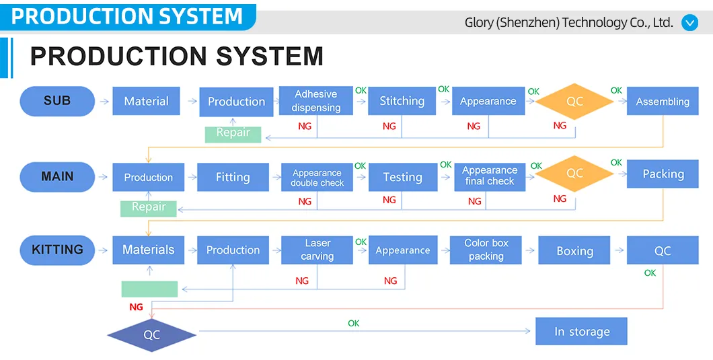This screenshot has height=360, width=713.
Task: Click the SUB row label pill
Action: tap(57, 101)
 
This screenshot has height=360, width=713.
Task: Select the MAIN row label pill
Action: tap(57, 177)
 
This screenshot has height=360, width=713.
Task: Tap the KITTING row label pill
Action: tap(57, 250)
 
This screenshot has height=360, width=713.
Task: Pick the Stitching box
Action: tap(402, 101)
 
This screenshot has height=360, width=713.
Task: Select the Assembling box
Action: tap(663, 102)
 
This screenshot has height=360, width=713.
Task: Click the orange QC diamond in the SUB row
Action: tap(574, 102)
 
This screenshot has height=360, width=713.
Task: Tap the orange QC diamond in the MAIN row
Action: tap(574, 174)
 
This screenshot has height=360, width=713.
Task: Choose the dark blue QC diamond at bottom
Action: tap(152, 334)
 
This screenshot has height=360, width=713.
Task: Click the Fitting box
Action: tap(233, 178)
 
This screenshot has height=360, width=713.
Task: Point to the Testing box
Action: tap(402, 178)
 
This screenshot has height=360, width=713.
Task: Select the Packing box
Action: tap(663, 174)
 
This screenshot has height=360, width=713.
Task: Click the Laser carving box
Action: tap(317, 250)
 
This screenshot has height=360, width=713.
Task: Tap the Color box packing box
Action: tap(486, 250)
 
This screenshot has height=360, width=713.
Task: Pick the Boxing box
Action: tap(574, 250)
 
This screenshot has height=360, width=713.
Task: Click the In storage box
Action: tap(581, 332)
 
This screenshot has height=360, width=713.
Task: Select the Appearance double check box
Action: tap(317, 178)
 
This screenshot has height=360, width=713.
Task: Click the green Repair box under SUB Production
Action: tap(233, 133)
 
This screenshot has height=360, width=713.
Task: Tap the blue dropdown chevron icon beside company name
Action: tap(690, 23)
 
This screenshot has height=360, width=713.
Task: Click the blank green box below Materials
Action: tap(149, 289)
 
